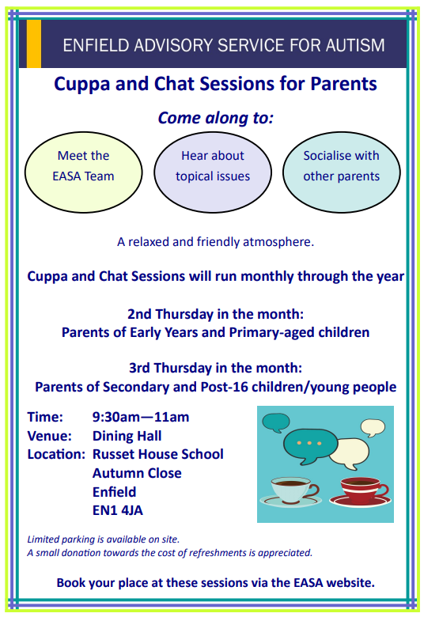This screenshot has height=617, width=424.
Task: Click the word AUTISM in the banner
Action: click(x=354, y=45)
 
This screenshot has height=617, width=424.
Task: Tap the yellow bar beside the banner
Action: click(x=34, y=44)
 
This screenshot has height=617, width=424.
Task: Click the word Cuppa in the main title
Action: click(x=81, y=85)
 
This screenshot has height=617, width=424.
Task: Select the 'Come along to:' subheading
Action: click(x=216, y=118)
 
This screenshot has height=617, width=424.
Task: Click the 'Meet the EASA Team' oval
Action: click(x=84, y=172)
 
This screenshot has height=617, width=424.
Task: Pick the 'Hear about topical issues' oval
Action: click(x=213, y=172)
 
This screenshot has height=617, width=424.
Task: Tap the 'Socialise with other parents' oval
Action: click(x=341, y=172)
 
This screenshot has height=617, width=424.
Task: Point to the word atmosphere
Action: click(x=278, y=242)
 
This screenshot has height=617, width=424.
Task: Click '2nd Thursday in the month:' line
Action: click(x=216, y=314)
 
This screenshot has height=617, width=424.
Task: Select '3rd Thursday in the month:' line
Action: click(x=216, y=368)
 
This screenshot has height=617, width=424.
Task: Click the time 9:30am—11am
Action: click(x=141, y=417)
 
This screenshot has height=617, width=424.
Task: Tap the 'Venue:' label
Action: click(x=50, y=436)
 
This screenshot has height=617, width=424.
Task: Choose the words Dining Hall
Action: click(x=127, y=437)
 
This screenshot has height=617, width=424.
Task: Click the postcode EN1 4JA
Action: click(x=118, y=510)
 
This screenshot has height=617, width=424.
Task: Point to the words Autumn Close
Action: click(x=137, y=473)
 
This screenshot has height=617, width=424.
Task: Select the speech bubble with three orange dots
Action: click(x=310, y=446)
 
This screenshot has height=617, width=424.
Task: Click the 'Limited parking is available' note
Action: click(x=103, y=539)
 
